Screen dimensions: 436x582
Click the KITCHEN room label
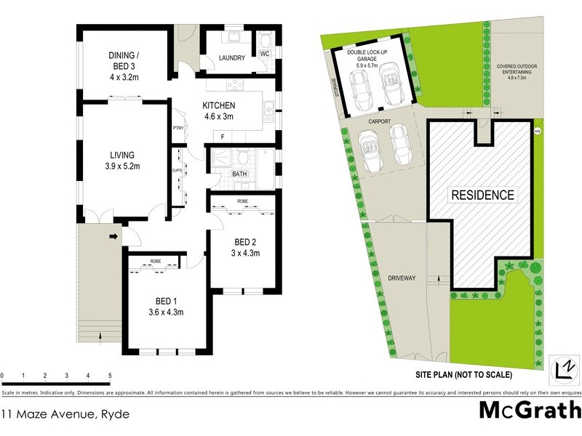coord(218,105)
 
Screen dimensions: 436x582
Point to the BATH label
coord(239,174)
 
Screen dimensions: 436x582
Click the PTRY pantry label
coord(177,129)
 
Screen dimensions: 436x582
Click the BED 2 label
coord(244,242)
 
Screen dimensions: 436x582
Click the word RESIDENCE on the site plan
coord(483,195)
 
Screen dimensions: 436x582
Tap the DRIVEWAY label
coord(402,278)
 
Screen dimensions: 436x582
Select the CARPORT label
coord(380,122)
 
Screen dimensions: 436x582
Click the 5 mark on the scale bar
coord(110,376)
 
